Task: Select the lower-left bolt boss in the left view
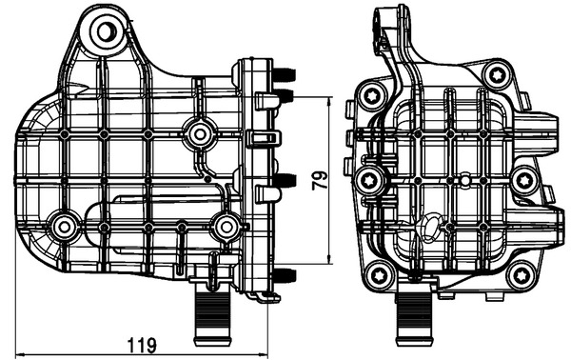click(65, 227)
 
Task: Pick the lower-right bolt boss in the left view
click(226, 226)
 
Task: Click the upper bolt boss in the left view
click(198, 133)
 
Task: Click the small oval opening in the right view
click(429, 228)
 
